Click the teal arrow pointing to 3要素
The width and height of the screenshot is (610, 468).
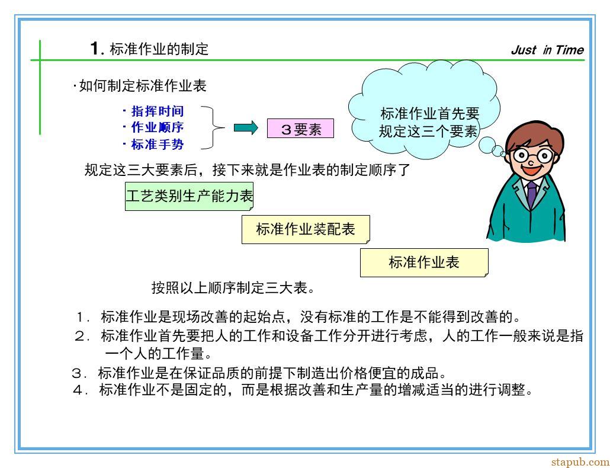click(x=246, y=127)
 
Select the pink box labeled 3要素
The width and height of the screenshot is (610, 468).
click(x=300, y=129)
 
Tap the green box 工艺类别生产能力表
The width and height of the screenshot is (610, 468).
click(x=189, y=196)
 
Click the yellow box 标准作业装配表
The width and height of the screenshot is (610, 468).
click(x=306, y=229)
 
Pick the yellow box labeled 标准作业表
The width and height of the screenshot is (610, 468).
click(x=424, y=262)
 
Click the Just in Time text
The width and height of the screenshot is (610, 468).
click(x=547, y=50)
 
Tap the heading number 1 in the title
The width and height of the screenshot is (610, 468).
click(x=95, y=48)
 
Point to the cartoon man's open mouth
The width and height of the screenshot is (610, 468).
click(x=531, y=170)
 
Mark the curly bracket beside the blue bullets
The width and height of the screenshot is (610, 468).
click(x=213, y=127)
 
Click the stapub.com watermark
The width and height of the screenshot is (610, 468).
click(x=580, y=461)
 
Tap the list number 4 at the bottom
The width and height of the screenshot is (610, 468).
click(x=78, y=390)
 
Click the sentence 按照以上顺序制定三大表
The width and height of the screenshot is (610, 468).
click(x=233, y=289)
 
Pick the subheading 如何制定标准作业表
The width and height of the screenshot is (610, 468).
click(x=140, y=86)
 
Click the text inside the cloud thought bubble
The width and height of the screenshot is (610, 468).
click(x=429, y=122)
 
